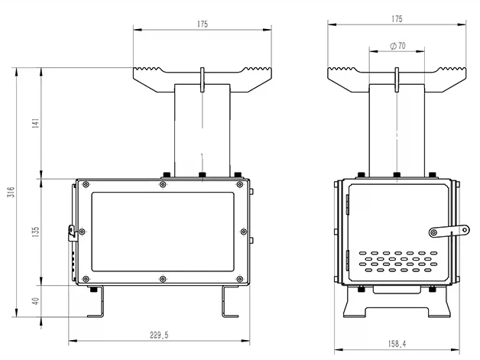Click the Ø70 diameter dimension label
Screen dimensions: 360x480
point(397,47)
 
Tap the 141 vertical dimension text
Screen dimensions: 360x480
point(35,123)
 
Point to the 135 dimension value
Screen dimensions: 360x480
point(35,231)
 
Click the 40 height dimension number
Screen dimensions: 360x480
point(35,301)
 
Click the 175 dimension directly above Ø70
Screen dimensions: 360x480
point(396,18)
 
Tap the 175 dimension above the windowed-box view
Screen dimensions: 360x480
point(202,24)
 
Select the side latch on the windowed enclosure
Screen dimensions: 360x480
point(72,229)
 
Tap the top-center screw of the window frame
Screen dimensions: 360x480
point(164,184)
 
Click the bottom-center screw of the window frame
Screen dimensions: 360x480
point(164,279)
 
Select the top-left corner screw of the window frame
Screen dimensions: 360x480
point(85,184)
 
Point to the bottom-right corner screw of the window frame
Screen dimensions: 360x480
point(243,279)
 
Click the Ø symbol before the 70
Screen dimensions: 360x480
point(391,47)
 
